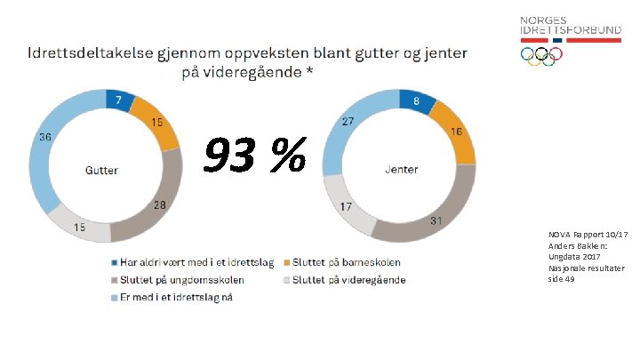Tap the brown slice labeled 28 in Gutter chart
pyautogui.click(x=157, y=210)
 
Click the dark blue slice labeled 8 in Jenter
pyautogui.click(x=416, y=101)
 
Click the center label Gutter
pyautogui.click(x=102, y=170)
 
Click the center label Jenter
pyautogui.click(x=401, y=169)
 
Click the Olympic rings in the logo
pyautogui.click(x=541, y=55)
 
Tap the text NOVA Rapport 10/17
pyautogui.click(x=588, y=234)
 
